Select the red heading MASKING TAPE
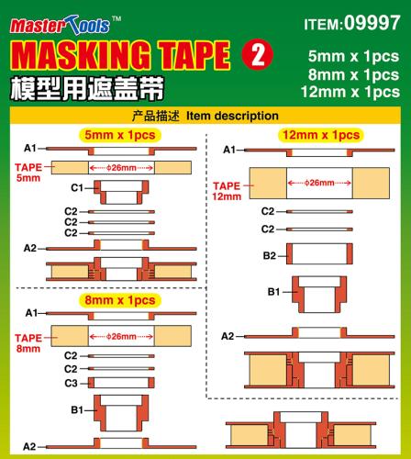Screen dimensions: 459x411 [119, 57]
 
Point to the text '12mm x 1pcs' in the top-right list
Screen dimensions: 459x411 [353, 92]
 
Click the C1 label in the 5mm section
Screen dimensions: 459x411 [77, 188]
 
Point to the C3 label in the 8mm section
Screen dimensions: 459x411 [70, 383]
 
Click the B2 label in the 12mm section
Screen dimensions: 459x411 [270, 255]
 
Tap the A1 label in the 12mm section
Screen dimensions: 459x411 [229, 150]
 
